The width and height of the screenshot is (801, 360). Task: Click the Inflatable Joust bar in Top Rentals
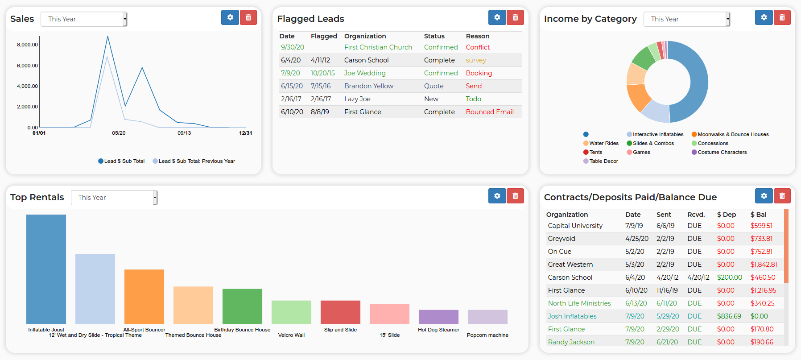coord(46,269)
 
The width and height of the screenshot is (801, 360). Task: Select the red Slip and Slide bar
coord(340,312)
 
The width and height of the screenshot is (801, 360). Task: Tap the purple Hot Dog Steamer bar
coord(438,317)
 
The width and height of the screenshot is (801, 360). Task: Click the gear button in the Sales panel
coord(230,17)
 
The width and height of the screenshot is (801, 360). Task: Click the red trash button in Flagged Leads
coord(515,17)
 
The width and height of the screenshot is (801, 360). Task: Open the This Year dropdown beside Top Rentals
coord(114,198)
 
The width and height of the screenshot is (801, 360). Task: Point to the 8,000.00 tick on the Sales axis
coord(28,45)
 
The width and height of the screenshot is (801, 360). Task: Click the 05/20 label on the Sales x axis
coord(119,133)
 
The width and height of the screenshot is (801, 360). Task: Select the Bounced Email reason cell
coord(490,112)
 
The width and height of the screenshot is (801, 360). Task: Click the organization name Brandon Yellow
coord(369,86)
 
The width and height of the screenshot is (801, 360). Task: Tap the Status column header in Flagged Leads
coord(434,36)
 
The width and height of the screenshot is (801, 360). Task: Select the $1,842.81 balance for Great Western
coord(764,265)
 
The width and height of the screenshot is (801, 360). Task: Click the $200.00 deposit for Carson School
coord(730,277)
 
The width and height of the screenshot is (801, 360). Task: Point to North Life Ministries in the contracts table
coord(579,303)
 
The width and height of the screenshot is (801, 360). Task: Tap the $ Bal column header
coord(759,215)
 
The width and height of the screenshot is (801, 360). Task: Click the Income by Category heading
coord(590,19)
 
